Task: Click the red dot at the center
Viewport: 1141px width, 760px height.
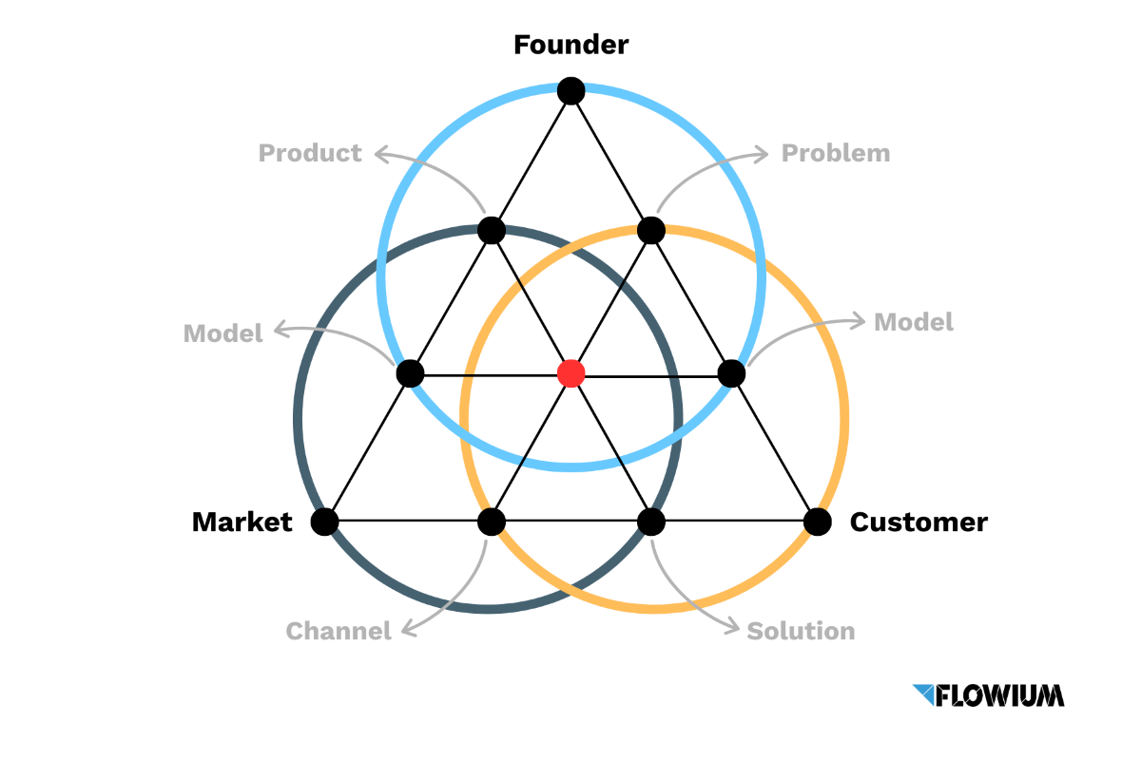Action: [x=570, y=373]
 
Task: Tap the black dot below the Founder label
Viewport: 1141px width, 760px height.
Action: [x=570, y=91]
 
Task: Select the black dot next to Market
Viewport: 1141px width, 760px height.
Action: [x=324, y=522]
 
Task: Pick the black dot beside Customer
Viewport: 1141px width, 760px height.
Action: [x=817, y=522]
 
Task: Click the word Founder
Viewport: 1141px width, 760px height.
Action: [x=570, y=45]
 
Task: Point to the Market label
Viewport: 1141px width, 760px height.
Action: [x=242, y=522]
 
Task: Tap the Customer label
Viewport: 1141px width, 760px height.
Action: [x=919, y=522]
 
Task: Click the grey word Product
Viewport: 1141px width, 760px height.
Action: [x=310, y=153]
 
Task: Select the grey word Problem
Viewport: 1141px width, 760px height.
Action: [x=836, y=153]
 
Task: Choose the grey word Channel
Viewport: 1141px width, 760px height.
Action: [x=338, y=631]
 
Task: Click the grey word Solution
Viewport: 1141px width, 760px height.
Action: [x=801, y=631]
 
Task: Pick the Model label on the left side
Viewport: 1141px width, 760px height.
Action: [x=222, y=333]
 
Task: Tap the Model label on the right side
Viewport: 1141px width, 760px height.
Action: [x=913, y=322]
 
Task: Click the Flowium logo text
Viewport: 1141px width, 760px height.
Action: [x=999, y=695]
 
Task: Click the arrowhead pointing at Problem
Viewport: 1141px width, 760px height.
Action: [x=763, y=152]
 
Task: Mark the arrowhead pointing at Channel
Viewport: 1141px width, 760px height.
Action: [x=406, y=629]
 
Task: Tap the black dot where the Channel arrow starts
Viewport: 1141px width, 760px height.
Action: [x=491, y=522]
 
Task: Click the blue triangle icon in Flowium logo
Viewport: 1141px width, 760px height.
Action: [x=923, y=693]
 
